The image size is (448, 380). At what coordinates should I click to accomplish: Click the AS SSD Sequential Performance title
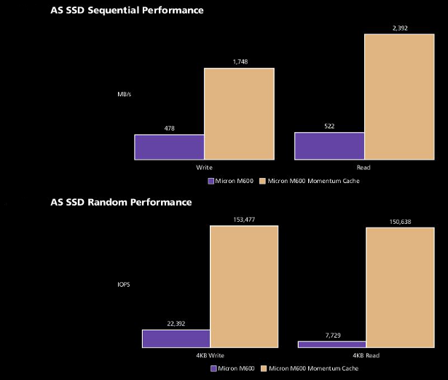pos(126,10)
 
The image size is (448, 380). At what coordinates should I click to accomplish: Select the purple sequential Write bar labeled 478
pos(169,147)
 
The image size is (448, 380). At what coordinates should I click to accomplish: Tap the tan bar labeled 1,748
pos(239,114)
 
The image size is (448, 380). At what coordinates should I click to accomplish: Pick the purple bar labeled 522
pos(329,146)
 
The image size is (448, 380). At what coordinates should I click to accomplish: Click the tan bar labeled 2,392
pos(399,96)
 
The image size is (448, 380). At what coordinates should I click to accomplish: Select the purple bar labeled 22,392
pos(176,338)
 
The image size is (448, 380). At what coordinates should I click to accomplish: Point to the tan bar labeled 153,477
pos(244,287)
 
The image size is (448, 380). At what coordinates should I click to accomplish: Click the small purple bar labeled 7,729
pos(332,344)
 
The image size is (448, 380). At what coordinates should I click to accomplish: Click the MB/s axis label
pos(125,94)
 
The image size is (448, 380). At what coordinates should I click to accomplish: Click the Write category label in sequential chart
pos(204,167)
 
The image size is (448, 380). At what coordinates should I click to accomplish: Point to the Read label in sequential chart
pos(363,167)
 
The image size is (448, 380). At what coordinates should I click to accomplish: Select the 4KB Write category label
pos(210,355)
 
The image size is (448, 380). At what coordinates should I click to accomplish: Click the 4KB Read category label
pos(367,355)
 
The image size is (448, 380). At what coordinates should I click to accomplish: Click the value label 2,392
pos(399,28)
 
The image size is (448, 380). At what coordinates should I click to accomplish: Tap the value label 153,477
pos(244,220)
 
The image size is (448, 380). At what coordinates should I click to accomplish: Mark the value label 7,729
pos(332,335)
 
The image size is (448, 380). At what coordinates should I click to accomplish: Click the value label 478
pos(169,128)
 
